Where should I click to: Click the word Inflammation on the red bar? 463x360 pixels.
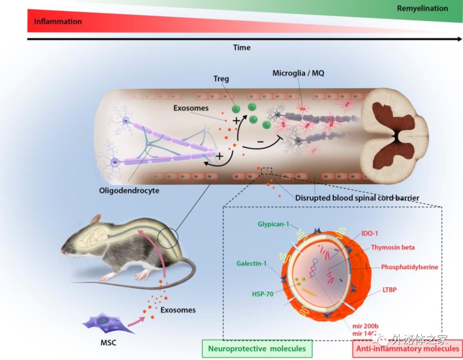(x=58, y=21)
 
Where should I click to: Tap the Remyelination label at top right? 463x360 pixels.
(x=422, y=9)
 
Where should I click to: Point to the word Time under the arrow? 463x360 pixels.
(x=242, y=48)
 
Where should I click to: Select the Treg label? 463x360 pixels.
(x=221, y=79)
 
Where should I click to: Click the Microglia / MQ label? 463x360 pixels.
(x=298, y=73)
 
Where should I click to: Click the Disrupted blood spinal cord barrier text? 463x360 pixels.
(x=357, y=198)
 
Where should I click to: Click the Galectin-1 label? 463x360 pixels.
(x=253, y=263)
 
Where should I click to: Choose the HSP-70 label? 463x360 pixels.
(x=263, y=294)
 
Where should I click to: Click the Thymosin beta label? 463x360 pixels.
(x=393, y=247)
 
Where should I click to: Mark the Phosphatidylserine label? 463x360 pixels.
(x=409, y=267)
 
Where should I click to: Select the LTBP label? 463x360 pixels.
(x=389, y=290)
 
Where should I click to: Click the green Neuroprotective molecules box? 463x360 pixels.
(x=257, y=348)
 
